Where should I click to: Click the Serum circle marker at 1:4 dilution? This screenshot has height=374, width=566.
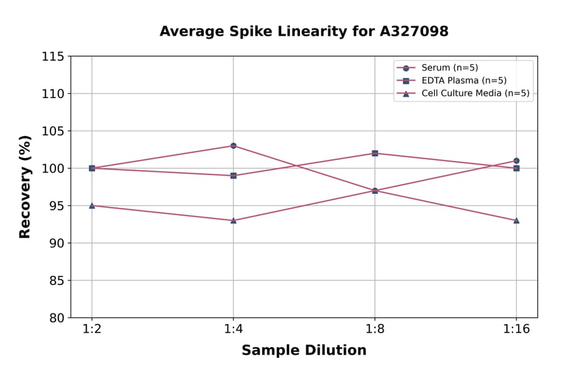(233, 145)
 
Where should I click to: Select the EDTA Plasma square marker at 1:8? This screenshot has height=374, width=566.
(375, 153)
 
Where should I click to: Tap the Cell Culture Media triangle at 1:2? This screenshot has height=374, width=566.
(92, 205)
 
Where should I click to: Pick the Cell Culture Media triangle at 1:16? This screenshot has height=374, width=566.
(516, 220)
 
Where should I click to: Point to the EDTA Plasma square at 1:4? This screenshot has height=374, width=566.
(233, 176)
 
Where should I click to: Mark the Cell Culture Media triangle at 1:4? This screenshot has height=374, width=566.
(233, 220)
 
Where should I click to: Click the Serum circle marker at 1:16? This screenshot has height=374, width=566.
(516, 161)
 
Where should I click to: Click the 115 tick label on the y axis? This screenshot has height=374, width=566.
(53, 57)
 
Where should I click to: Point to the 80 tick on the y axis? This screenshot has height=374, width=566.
(56, 318)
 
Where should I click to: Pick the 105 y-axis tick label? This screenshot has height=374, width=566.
(53, 131)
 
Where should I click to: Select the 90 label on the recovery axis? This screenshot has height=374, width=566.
(56, 243)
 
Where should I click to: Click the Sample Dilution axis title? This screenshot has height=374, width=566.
(304, 351)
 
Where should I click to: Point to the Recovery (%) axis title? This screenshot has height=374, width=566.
(25, 187)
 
